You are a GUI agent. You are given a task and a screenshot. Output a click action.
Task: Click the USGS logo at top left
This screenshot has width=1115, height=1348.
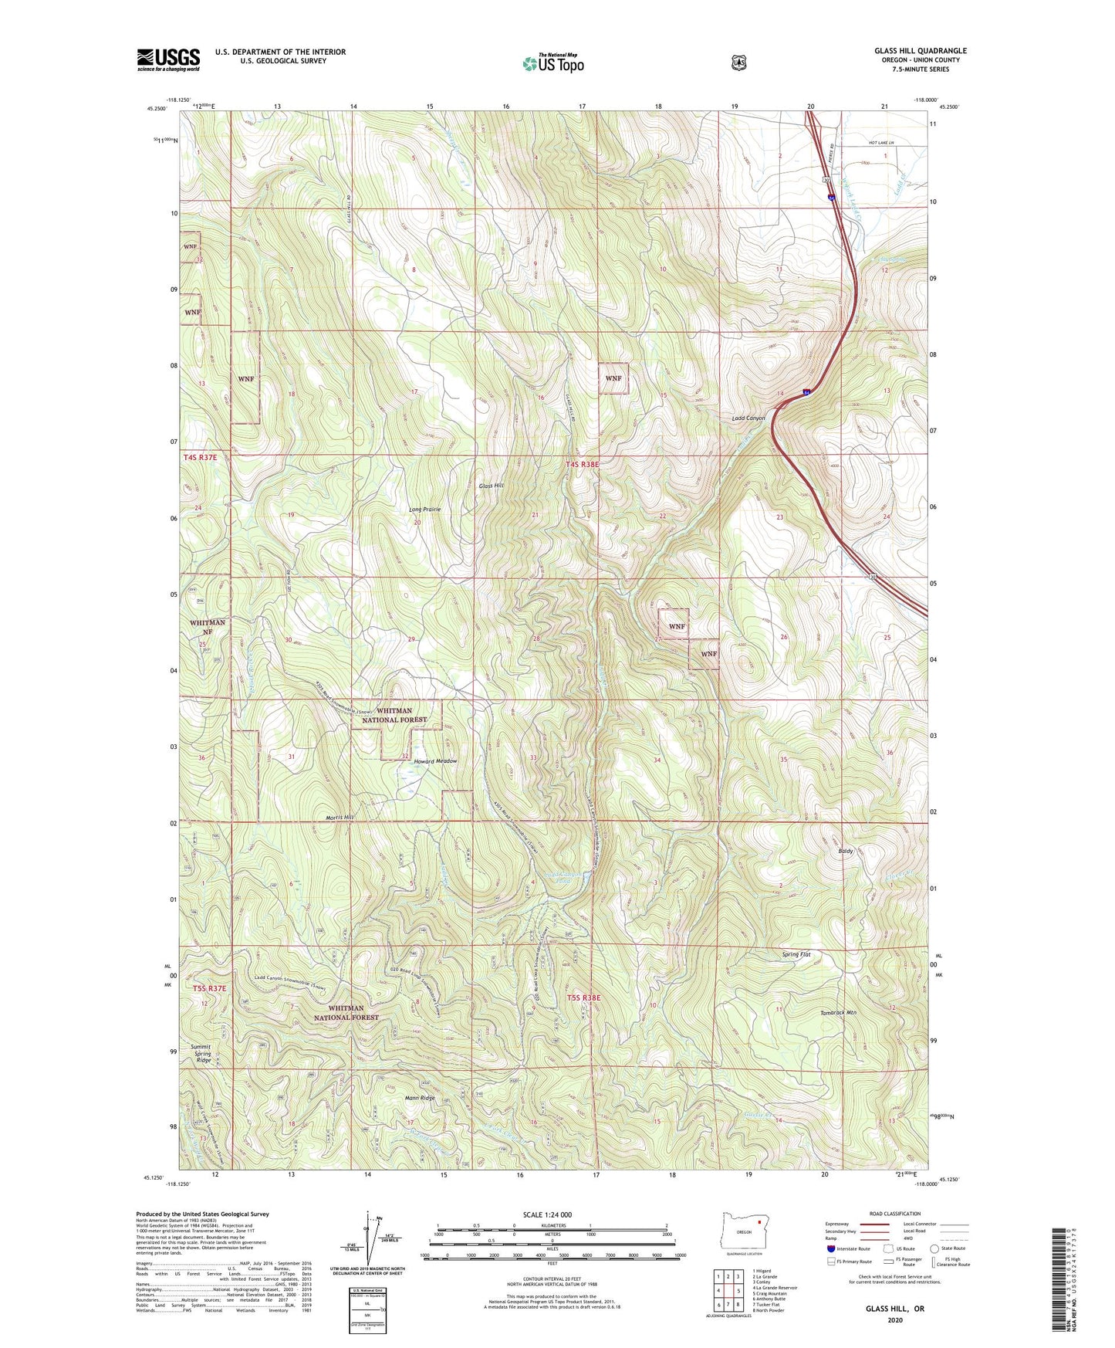[x=168, y=59]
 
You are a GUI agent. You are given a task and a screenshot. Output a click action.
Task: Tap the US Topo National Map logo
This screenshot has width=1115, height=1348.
[x=552, y=63]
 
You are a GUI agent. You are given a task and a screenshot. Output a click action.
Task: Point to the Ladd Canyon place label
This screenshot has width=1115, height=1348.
[x=748, y=418]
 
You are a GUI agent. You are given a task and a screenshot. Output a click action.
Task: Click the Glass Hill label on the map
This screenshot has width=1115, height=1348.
[x=491, y=486]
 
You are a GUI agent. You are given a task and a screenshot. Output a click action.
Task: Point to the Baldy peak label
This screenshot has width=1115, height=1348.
[x=846, y=851]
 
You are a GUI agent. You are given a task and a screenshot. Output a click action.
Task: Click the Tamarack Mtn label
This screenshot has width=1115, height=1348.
[x=838, y=1011]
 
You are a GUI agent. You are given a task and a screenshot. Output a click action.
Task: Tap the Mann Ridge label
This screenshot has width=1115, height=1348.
[x=420, y=1098]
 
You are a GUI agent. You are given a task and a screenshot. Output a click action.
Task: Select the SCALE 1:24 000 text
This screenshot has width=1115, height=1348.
[x=547, y=1214]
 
